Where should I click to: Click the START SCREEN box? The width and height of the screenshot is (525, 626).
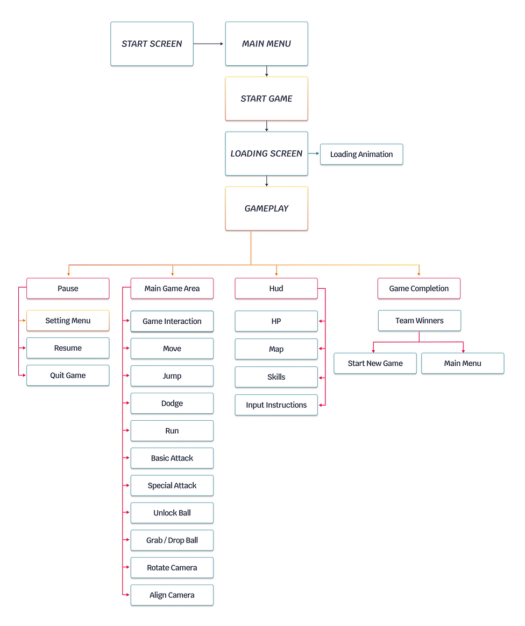coord(152,44)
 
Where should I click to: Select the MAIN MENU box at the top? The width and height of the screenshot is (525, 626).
coord(266,44)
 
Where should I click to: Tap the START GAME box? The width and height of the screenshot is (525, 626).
coord(266,99)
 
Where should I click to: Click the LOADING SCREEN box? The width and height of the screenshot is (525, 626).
coord(266,154)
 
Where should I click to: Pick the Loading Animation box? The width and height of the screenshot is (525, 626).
coord(361,154)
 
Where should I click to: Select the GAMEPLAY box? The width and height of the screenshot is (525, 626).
coord(266,208)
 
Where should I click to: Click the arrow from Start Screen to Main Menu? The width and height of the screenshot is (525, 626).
coord(209,44)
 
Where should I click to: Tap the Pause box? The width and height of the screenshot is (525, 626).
coord(68,288)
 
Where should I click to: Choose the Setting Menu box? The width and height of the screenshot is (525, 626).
coord(68,321)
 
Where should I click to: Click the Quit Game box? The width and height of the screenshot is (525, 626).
coord(68,375)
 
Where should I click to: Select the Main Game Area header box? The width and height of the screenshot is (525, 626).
coord(172,288)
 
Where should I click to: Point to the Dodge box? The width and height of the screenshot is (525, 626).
coord(172,404)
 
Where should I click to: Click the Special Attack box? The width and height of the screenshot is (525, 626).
coord(172,485)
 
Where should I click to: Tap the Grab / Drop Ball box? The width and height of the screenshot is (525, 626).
coord(172,540)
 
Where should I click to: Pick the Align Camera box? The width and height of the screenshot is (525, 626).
coord(172,595)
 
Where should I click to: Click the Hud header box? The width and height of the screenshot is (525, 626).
coord(276,288)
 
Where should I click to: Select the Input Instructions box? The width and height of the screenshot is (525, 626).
coord(276,405)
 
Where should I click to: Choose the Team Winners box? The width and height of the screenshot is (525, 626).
coord(419,321)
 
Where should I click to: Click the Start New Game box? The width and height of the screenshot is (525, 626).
coord(375,363)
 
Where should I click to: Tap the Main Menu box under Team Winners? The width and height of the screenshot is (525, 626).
coord(463,363)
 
